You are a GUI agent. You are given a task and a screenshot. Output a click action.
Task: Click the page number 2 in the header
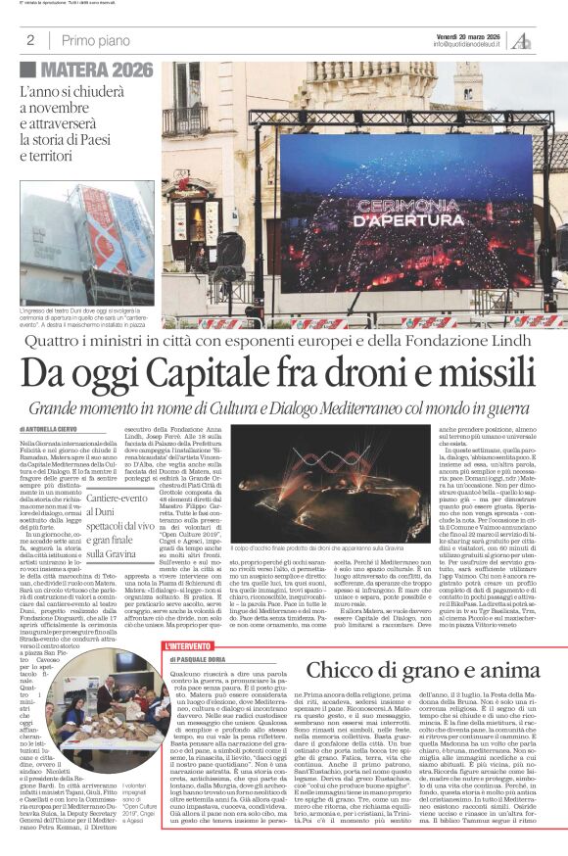[x=30, y=40]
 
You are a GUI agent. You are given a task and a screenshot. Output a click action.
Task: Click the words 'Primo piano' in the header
[x=94, y=40]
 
